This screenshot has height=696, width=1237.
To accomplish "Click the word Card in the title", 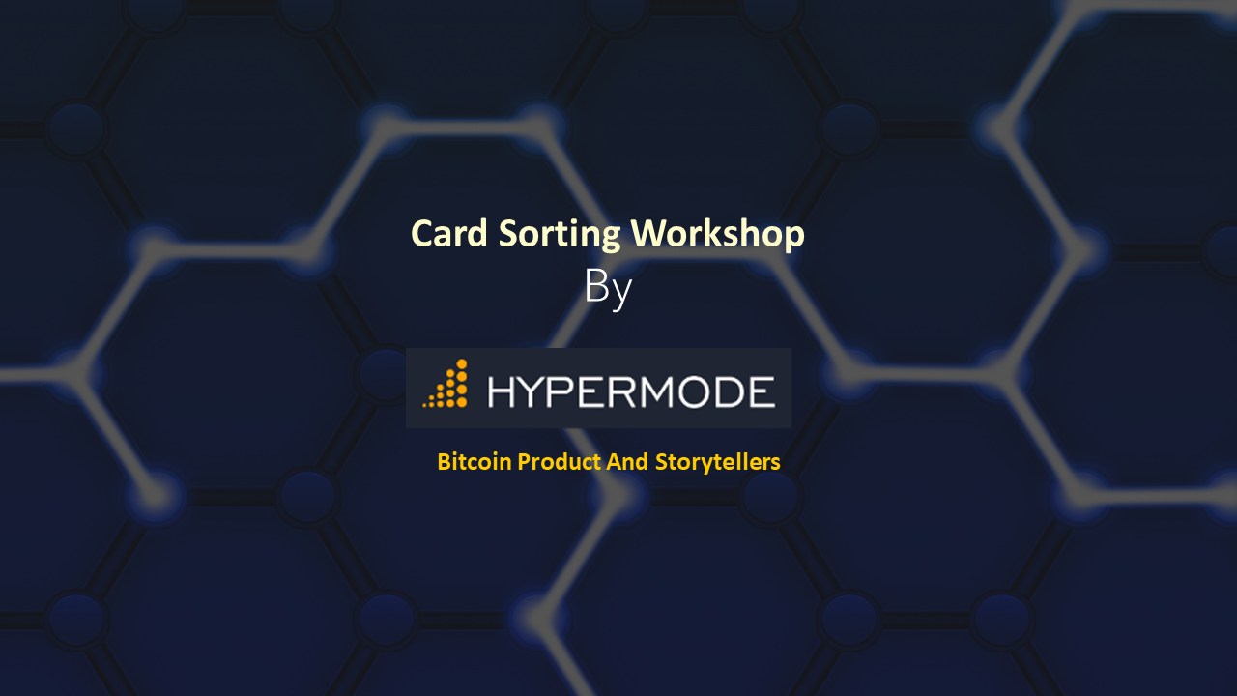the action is coord(449,234).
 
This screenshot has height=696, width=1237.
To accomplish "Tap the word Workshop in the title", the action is coord(717,235).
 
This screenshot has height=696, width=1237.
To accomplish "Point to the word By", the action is coord(608,288).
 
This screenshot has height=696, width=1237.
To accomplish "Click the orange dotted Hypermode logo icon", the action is coord(446,384).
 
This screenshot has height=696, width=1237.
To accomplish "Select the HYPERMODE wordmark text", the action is coord(632,392).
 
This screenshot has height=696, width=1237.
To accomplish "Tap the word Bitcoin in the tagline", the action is coord(475,462).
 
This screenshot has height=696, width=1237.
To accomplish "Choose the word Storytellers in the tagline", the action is coord(717,463).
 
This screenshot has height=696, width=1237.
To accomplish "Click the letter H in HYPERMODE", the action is coord(502,392).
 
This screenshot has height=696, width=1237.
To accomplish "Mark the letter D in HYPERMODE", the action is coord(730,392).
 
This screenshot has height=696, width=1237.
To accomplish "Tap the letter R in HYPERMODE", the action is coord(621,392).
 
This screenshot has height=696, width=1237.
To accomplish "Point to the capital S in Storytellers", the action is coord(662,462).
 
